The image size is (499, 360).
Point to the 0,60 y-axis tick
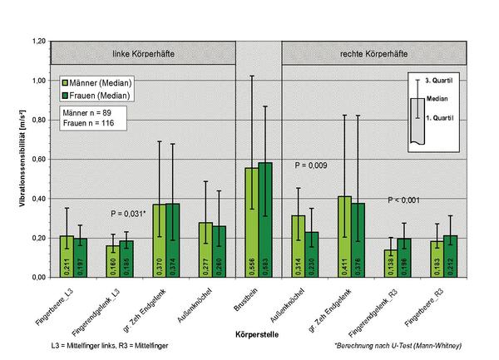pyautogui.click(x=39, y=159)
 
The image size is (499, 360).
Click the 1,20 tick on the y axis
pyautogui.click(x=39, y=41)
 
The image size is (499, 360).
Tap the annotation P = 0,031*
pyautogui.click(x=131, y=214)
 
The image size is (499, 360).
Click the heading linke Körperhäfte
pyautogui.click(x=143, y=54)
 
